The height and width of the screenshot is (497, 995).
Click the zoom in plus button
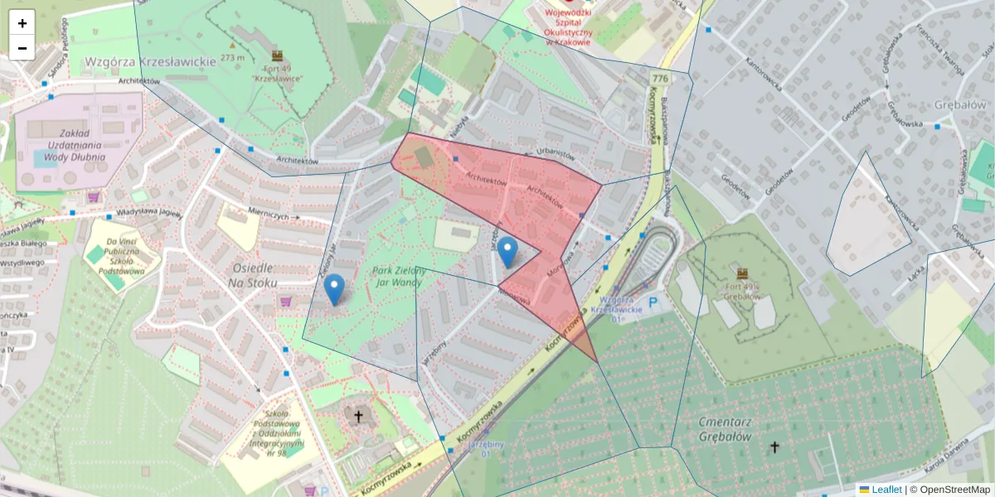click(22, 23)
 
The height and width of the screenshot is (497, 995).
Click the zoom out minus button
click(22, 48)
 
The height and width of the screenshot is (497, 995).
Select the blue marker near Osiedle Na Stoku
click(334, 289)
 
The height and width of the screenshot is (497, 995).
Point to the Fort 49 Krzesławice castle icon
click(277, 55)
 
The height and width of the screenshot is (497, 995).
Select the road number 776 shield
click(660, 78)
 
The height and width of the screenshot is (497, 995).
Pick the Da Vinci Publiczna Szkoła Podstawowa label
click(121, 257)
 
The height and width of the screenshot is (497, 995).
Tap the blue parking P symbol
click(653, 302)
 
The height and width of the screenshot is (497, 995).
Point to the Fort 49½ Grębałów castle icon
click(742, 273)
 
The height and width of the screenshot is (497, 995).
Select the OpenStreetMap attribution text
click(954, 490)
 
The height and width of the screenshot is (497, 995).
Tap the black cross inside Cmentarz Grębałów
click(774, 447)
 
